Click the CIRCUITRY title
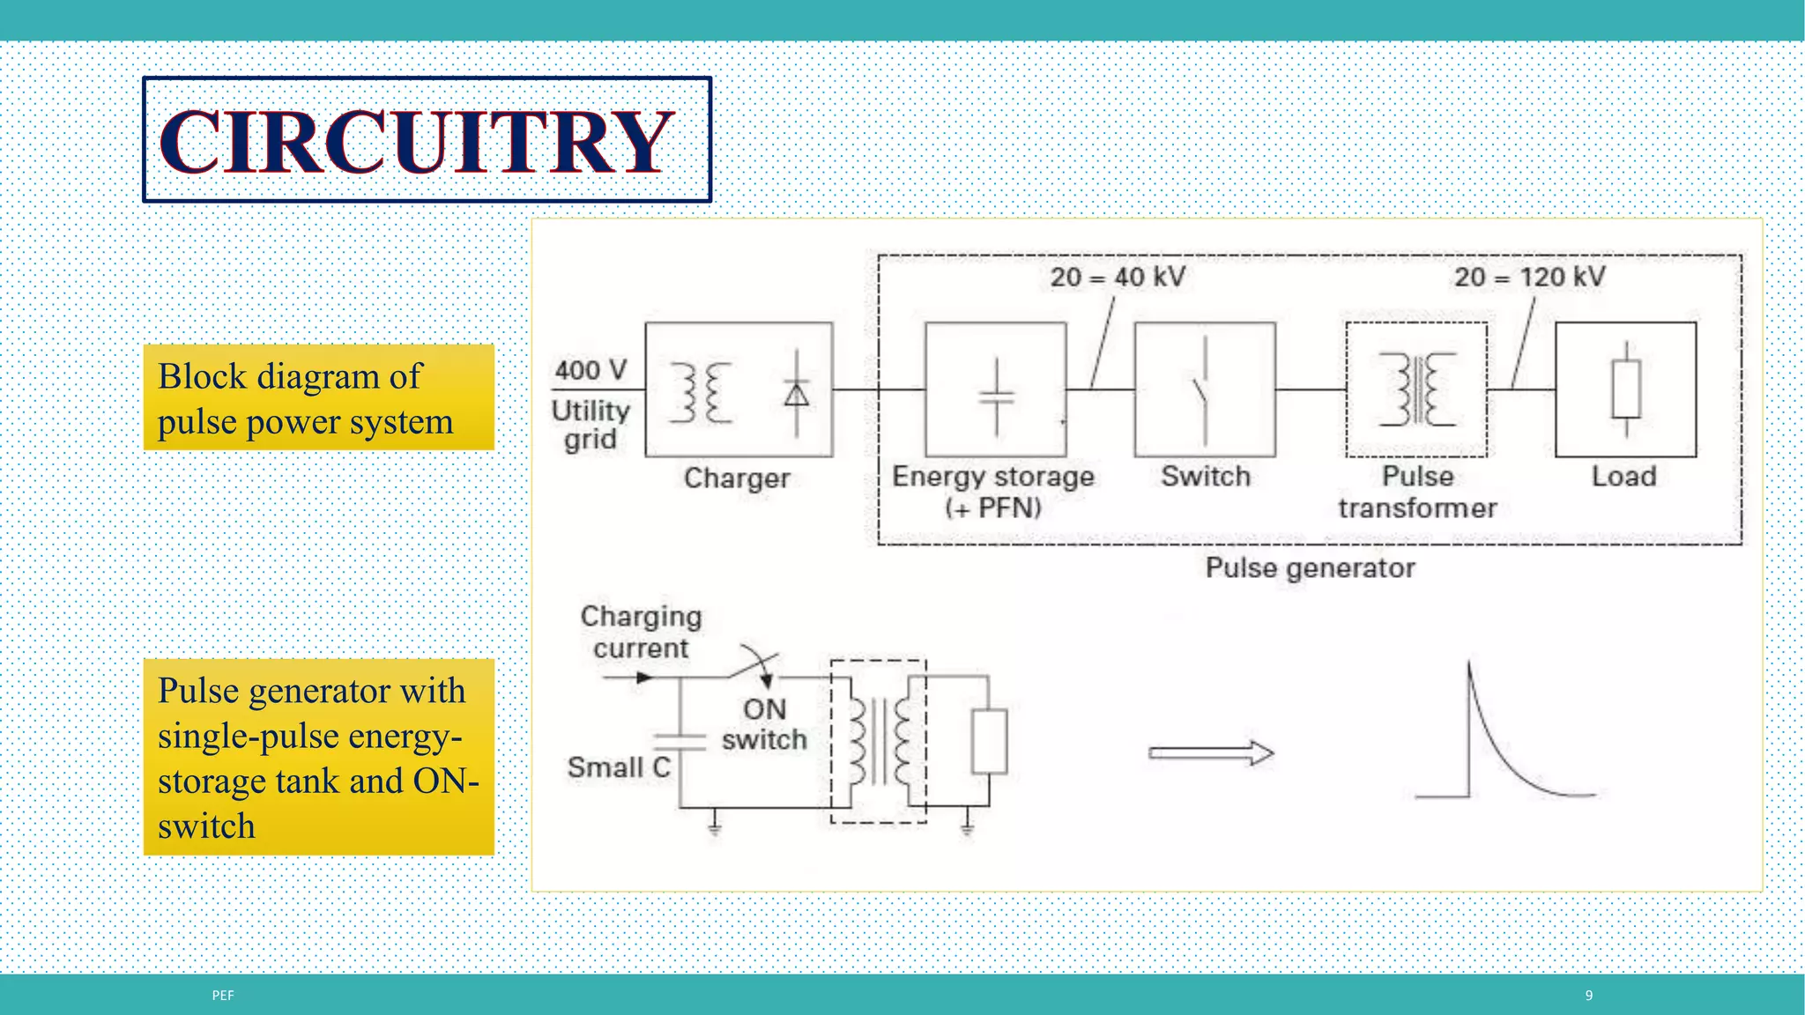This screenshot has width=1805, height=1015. click(416, 141)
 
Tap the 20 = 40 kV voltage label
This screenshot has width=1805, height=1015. click(1118, 278)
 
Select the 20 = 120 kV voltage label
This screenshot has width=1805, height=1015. click(1530, 278)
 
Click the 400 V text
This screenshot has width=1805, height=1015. click(591, 370)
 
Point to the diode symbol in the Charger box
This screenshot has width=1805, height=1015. click(797, 393)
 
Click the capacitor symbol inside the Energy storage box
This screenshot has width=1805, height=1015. click(997, 396)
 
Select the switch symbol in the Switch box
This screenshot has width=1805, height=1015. click(1202, 390)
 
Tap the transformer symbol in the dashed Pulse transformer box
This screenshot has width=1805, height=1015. click(1417, 389)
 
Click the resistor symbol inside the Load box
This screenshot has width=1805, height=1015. click(1626, 389)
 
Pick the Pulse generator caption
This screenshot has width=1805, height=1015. click(1310, 568)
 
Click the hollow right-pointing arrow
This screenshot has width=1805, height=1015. click(1211, 753)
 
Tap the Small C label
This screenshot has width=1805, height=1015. click(619, 767)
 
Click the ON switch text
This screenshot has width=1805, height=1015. click(764, 724)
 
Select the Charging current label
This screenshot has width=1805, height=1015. click(641, 632)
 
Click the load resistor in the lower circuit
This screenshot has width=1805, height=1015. click(989, 741)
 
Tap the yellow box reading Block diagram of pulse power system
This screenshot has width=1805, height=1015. click(318, 398)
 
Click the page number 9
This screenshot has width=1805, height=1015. click(1589, 996)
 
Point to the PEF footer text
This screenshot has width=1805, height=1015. click(223, 996)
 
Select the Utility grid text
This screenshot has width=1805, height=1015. click(591, 425)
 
